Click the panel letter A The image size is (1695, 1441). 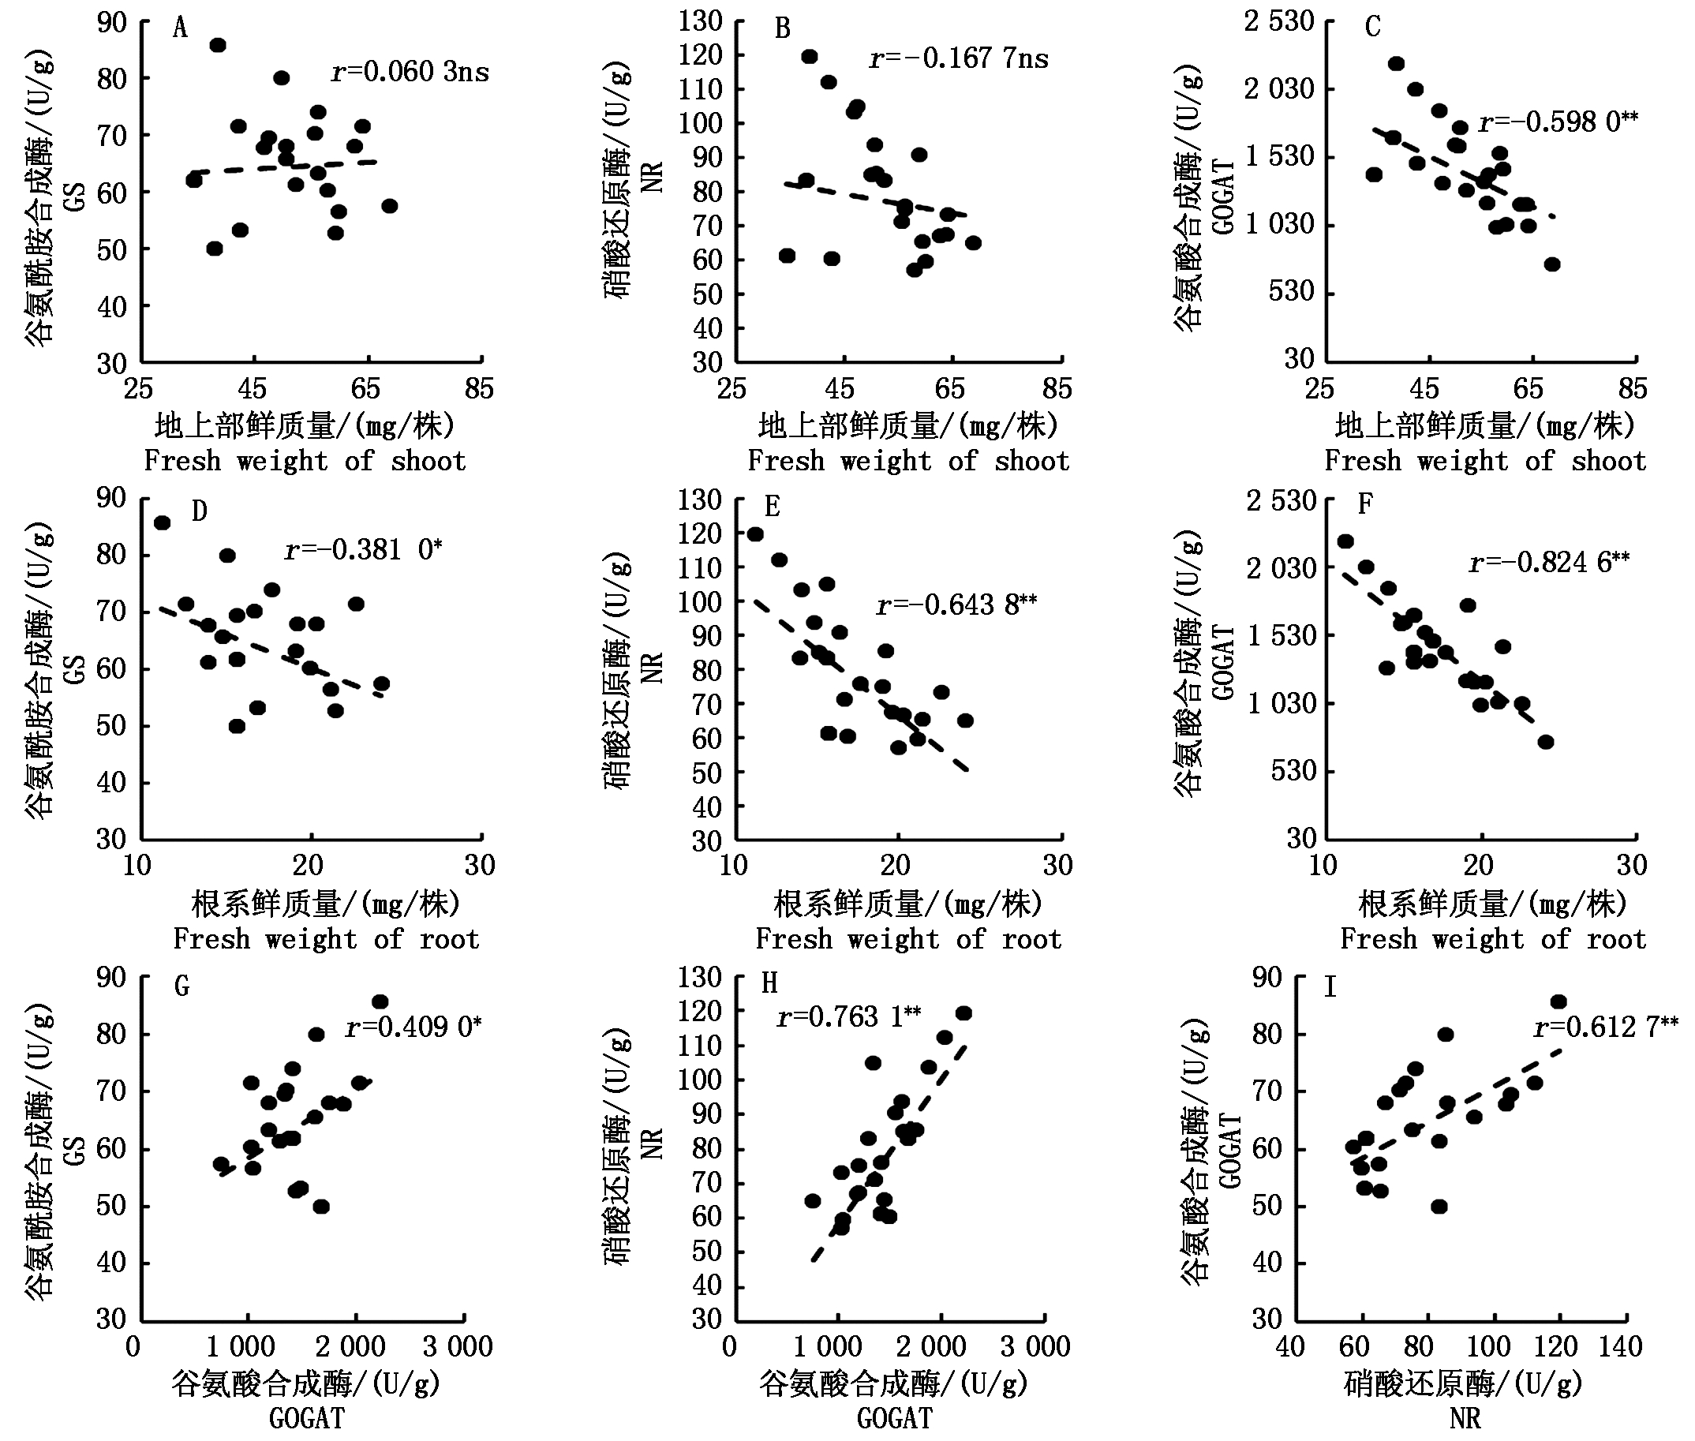[181, 28]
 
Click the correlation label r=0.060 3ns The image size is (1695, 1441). [410, 72]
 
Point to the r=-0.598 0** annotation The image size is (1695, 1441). [1558, 122]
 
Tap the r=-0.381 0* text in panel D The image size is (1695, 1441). [363, 550]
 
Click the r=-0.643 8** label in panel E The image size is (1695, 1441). [956, 605]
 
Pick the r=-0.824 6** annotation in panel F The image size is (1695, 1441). [1549, 562]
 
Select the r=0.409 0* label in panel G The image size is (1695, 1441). [413, 1026]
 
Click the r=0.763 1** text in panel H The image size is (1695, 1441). [849, 1016]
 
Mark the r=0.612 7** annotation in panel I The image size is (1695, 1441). [1606, 1026]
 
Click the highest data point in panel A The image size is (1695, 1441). [217, 45]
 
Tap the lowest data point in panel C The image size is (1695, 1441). [1552, 264]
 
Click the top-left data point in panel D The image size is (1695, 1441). [163, 522]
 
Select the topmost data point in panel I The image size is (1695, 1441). [1558, 1001]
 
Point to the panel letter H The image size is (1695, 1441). [769, 982]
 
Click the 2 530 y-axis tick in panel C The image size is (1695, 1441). [1278, 21]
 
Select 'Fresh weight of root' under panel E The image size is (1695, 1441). [907, 939]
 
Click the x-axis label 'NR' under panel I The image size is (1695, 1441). [1465, 1418]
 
